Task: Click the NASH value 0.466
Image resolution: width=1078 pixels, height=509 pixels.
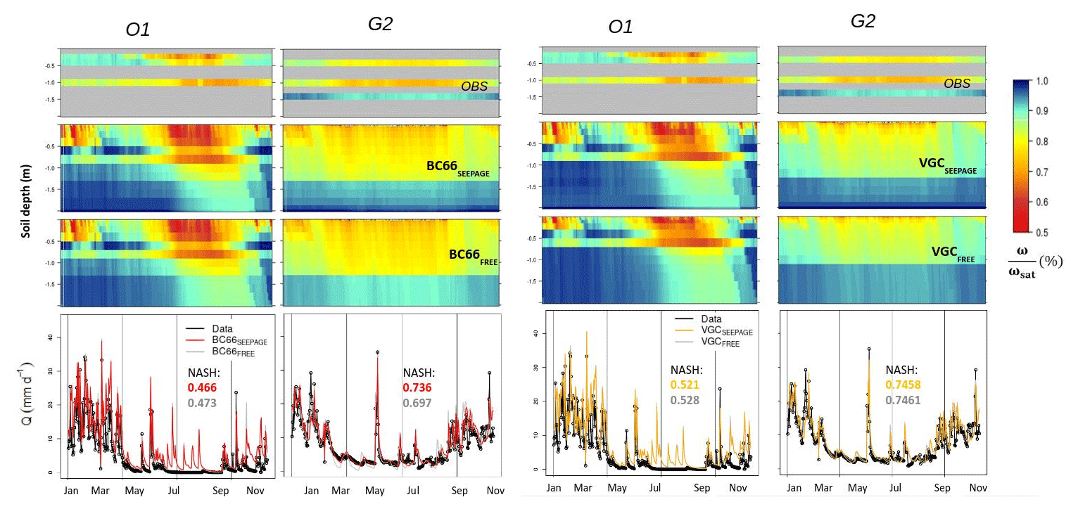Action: click(x=202, y=388)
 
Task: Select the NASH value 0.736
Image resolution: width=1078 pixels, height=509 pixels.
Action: click(x=417, y=388)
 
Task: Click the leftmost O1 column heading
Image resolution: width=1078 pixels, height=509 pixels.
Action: click(x=133, y=30)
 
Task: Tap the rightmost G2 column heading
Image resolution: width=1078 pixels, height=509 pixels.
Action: click(x=863, y=21)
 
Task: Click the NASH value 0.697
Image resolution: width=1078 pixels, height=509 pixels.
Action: click(x=417, y=402)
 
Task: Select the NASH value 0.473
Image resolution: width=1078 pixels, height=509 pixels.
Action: click(x=202, y=403)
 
